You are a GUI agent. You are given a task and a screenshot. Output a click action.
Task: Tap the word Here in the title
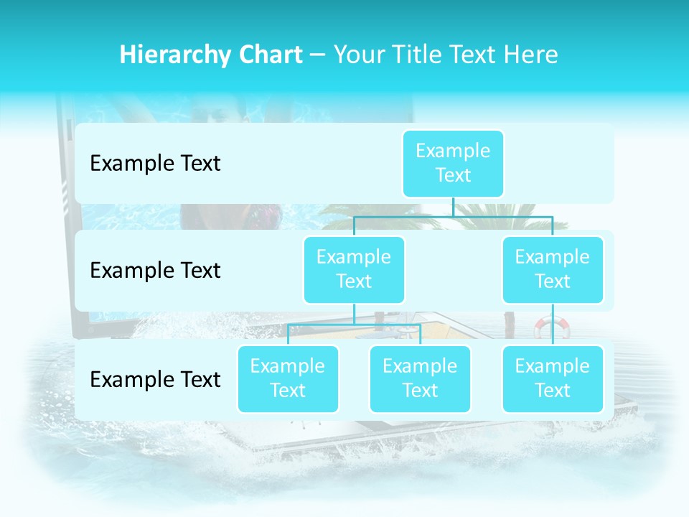click(530, 55)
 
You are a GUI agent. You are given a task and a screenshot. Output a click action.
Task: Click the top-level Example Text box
click(453, 163)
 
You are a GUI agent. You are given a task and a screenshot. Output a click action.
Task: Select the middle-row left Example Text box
click(354, 269)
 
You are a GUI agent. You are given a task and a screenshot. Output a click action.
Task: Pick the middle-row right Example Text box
click(553, 269)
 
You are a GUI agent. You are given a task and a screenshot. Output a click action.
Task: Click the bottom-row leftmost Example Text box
click(288, 378)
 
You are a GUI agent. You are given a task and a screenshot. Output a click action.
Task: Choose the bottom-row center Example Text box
click(420, 378)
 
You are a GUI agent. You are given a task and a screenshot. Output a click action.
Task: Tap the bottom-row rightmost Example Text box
click(553, 378)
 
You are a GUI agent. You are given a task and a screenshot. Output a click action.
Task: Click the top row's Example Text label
click(155, 164)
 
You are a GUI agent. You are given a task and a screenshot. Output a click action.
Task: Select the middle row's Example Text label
click(155, 271)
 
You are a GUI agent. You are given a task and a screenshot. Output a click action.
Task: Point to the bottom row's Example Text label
click(155, 379)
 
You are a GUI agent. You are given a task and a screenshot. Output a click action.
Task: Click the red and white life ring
click(552, 327)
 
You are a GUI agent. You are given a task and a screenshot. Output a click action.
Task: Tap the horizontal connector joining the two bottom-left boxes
click(354, 325)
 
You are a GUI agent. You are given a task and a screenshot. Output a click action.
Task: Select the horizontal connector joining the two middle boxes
click(453, 216)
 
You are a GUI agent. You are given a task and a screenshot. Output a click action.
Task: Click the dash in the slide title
click(318, 55)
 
